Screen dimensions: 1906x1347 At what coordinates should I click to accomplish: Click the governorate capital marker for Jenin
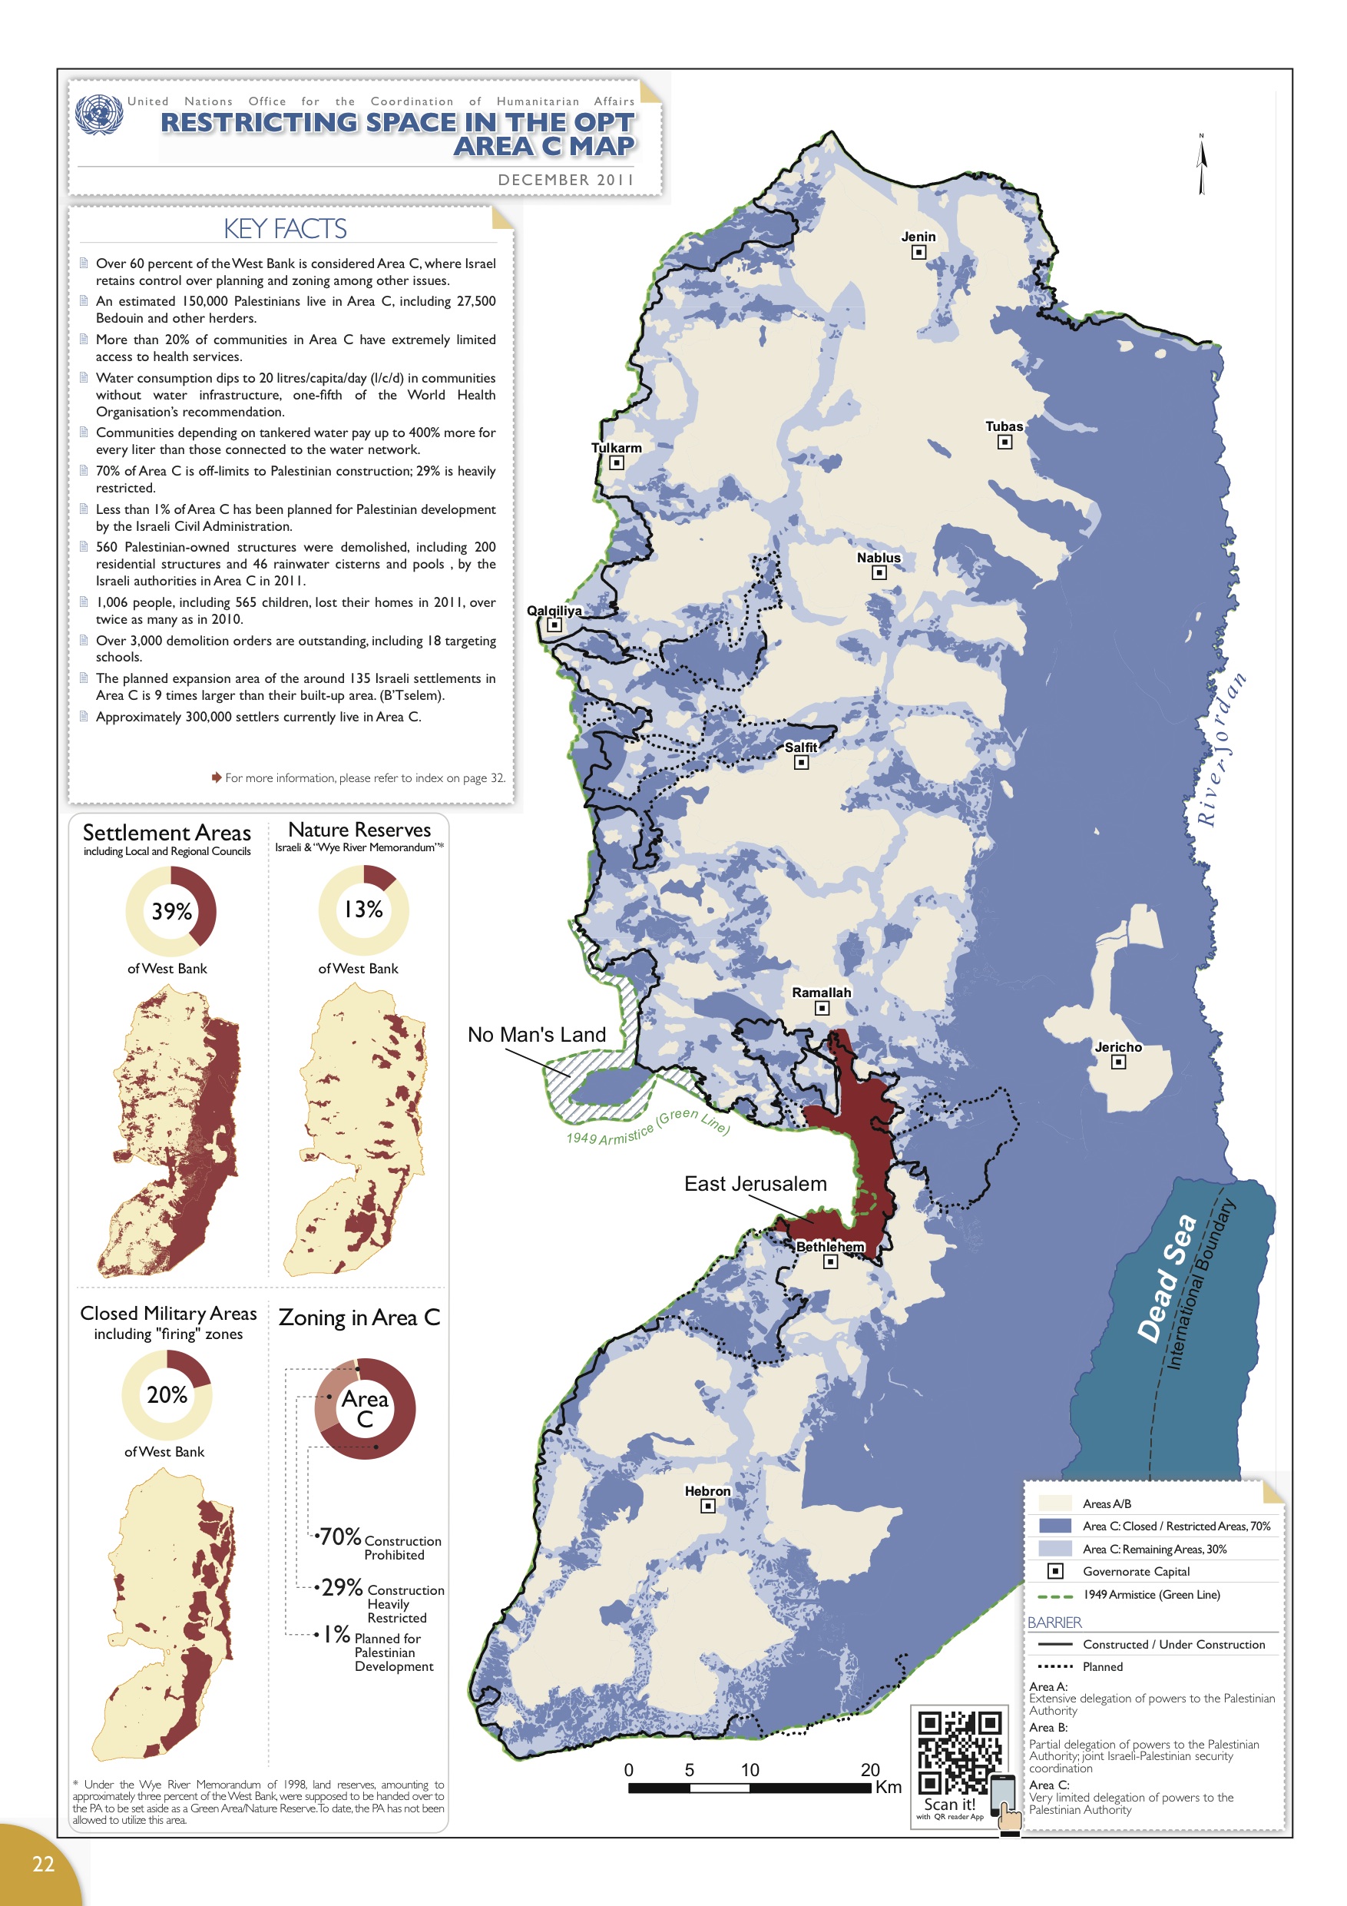918,252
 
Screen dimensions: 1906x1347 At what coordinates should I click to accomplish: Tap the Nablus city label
878,558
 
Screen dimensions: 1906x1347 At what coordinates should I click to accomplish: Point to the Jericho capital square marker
1118,1062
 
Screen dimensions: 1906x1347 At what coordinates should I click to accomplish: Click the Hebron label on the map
707,1491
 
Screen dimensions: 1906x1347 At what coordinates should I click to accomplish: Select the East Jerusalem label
754,1184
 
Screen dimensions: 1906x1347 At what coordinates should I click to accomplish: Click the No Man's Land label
536,1034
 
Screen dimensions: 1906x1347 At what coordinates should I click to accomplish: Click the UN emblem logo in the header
99,114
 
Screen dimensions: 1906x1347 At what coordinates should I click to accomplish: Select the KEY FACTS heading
285,228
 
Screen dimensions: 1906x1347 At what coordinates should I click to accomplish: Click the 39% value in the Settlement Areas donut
171,911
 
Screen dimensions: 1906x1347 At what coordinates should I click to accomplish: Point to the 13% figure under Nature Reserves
363,910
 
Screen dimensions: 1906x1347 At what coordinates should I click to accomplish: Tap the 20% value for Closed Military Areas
167,1394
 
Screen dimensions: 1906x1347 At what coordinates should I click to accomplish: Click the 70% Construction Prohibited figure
340,1536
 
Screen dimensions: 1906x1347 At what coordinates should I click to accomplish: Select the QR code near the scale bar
958,1753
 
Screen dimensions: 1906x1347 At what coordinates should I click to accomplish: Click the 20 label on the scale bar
870,1770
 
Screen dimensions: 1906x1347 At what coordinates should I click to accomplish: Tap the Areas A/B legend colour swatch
1054,1503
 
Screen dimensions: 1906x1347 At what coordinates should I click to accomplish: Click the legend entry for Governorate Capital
1135,1572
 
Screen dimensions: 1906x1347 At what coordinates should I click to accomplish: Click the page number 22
43,1864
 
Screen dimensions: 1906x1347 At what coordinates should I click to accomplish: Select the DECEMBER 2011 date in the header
566,179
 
